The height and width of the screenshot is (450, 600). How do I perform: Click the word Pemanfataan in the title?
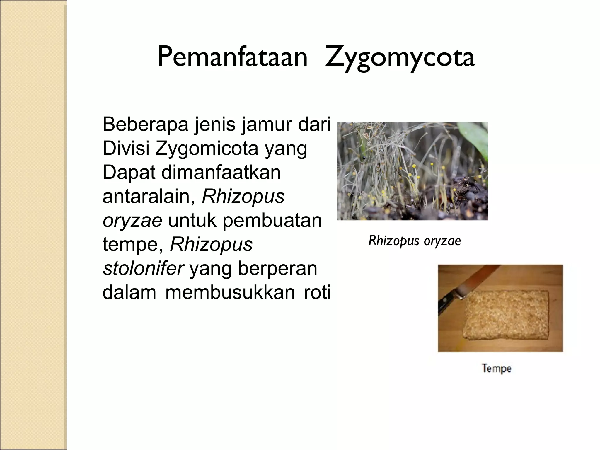[232, 57]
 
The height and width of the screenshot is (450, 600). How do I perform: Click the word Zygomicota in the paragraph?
[207, 148]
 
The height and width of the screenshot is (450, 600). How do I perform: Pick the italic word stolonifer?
[143, 268]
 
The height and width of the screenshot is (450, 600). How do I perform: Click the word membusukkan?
[230, 292]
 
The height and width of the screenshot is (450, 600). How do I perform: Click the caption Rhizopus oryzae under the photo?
[415, 241]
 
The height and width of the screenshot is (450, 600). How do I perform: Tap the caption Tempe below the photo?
[497, 368]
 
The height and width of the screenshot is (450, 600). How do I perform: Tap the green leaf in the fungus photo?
[475, 138]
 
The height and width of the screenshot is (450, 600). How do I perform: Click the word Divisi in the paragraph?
[126, 148]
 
